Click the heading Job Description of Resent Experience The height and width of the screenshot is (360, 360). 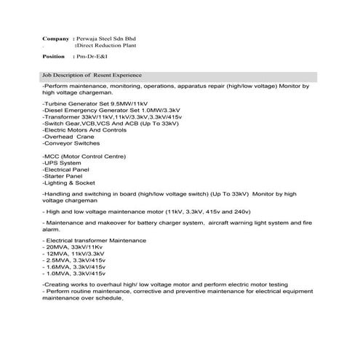[92, 76]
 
